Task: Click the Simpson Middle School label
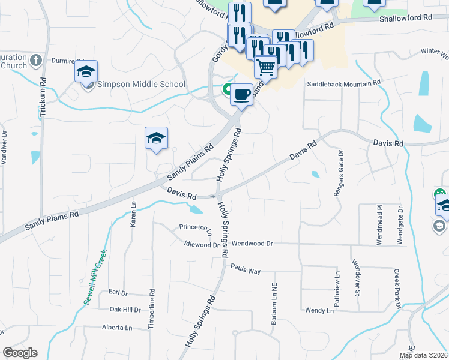[141, 84]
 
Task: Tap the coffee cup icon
[241, 94]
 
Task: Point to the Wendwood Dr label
[252, 244]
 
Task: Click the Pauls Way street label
[245, 271]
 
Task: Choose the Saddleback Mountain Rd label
[344, 84]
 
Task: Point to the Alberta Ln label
[116, 328]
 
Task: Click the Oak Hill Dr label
[125, 310]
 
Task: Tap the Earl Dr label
[119, 292]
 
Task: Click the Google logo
[20, 353]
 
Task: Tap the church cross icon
[35, 61]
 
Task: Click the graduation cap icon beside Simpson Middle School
[86, 71]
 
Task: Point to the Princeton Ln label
[196, 227]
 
